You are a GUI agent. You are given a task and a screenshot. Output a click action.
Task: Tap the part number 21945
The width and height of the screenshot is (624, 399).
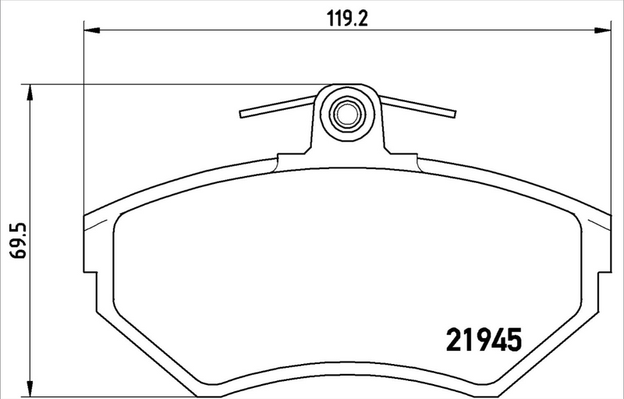(483, 341)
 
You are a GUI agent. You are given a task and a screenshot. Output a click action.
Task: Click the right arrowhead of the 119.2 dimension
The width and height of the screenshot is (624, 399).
(604, 30)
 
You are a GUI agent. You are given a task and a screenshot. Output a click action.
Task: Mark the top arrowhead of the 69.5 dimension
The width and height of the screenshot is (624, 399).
(30, 93)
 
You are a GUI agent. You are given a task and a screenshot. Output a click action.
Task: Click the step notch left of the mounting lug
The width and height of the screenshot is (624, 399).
(279, 161)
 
